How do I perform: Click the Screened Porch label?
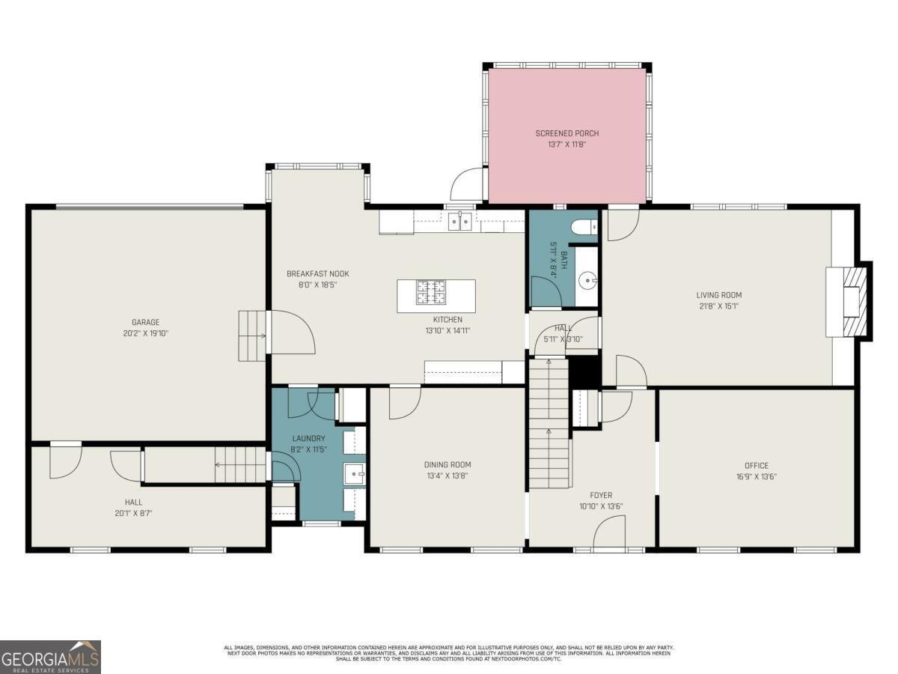tap(566, 133)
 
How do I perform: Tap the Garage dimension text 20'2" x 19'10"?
tap(146, 333)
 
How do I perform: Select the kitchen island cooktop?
tap(431, 291)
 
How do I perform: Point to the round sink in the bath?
tap(589, 282)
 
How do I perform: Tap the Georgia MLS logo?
tap(50, 657)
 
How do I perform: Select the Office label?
tap(756, 465)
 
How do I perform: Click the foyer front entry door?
tap(608, 534)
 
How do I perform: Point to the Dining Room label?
tap(448, 464)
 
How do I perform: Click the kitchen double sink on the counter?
tap(459, 220)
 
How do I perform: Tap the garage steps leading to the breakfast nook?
tap(252, 336)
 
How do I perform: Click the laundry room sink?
tap(354, 473)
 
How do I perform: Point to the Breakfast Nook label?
tap(317, 273)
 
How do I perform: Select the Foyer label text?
tap(600, 495)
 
